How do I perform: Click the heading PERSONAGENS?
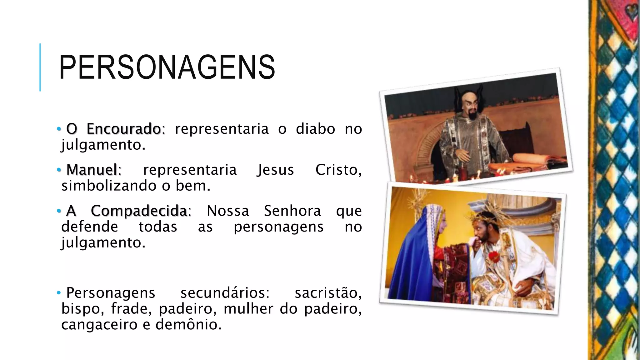[167, 67]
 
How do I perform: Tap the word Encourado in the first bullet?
[124, 129]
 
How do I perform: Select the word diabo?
[315, 129]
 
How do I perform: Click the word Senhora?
[292, 211]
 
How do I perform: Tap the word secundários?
[224, 293]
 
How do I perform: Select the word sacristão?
[328, 293]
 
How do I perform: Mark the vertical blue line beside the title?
[40, 67]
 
